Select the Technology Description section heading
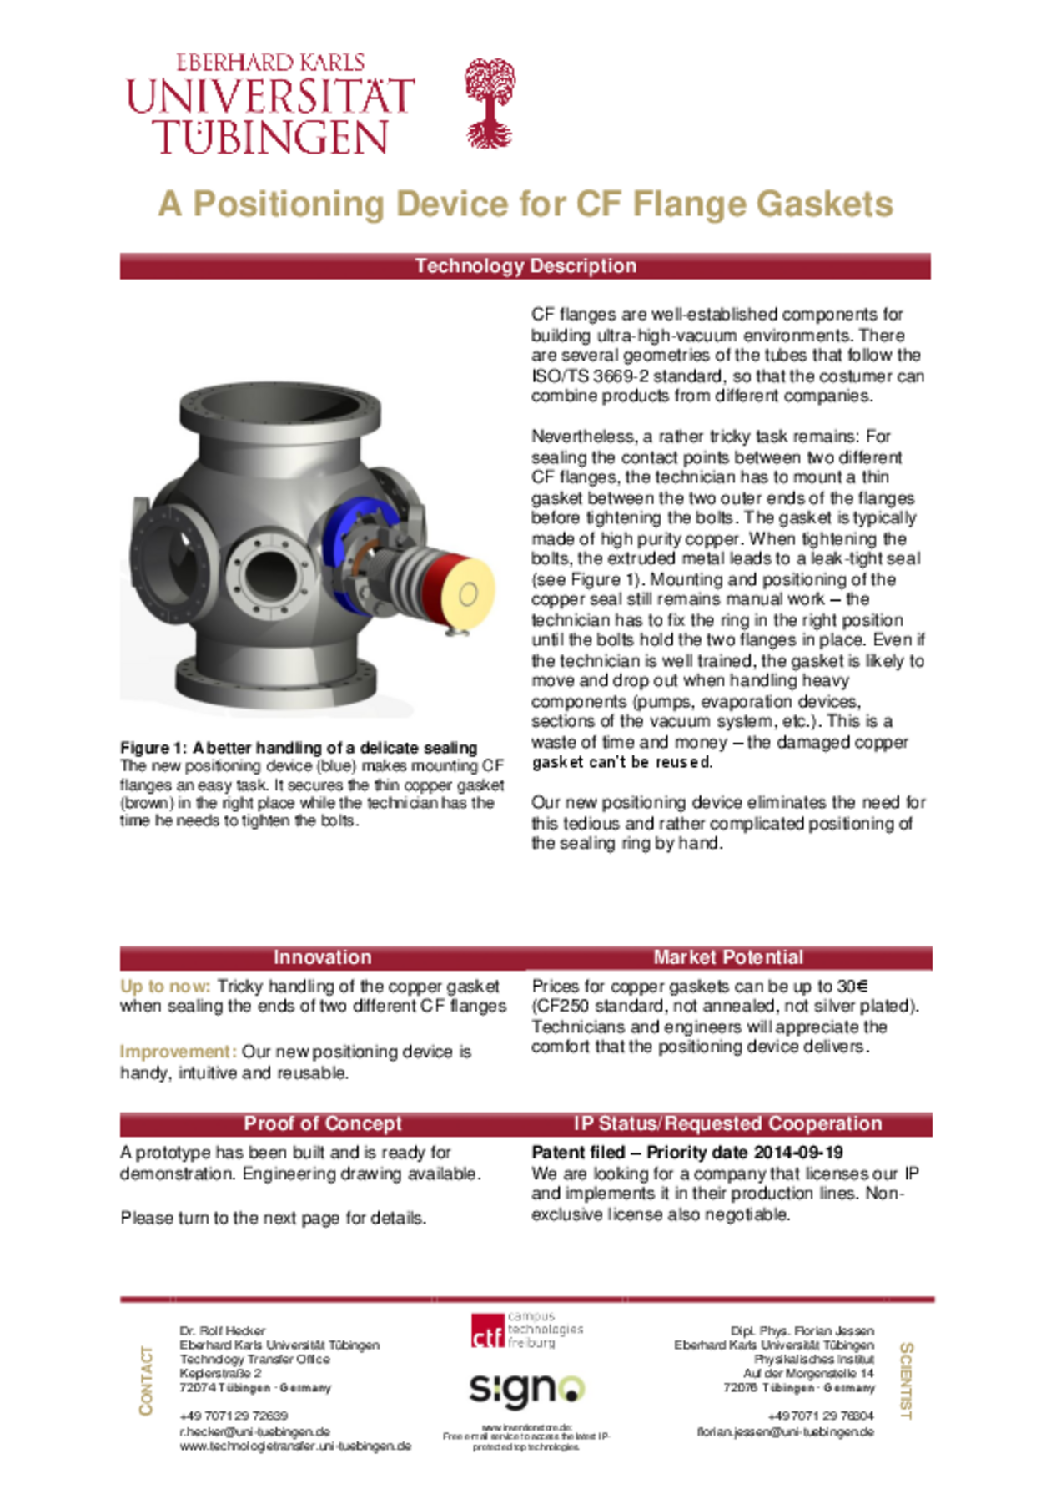[525, 266]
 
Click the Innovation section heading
[322, 957]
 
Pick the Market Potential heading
[728, 957]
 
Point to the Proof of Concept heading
[322, 1123]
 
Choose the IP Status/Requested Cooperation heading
[727, 1123]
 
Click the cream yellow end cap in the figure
[467, 593]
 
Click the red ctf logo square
[487, 1331]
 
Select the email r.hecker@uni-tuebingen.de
[254, 1431]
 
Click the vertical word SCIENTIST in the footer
[906, 1380]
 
